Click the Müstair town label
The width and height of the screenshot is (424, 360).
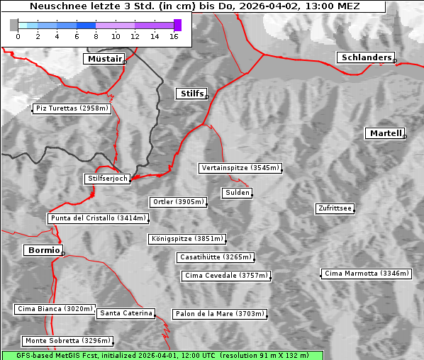(104, 59)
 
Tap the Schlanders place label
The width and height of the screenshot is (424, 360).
(365, 57)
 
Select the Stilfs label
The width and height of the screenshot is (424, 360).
(191, 94)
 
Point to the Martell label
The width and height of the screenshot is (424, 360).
(385, 133)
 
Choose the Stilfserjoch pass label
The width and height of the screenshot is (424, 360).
(107, 179)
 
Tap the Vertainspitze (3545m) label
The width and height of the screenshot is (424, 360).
(240, 168)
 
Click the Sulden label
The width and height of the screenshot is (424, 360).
(237, 193)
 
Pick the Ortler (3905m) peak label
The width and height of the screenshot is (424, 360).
(178, 202)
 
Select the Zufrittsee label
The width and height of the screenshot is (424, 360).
(335, 208)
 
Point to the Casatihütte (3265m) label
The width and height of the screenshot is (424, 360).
(215, 257)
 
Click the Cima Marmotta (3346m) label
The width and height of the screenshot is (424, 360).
(366, 274)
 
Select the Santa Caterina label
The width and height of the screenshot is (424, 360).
(126, 313)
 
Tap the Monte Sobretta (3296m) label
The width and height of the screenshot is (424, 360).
(67, 341)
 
